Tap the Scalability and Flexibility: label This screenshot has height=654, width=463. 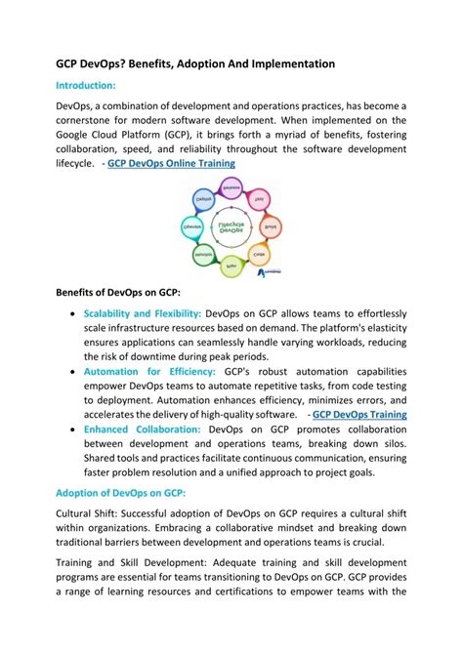pyautogui.click(x=143, y=313)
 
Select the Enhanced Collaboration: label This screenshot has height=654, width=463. pyautogui.click(x=143, y=429)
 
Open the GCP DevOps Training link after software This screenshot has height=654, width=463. pyautogui.click(x=359, y=415)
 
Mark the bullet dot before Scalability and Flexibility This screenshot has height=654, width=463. pyautogui.click(x=74, y=314)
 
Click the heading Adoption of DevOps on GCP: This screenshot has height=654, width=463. pyautogui.click(x=120, y=493)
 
